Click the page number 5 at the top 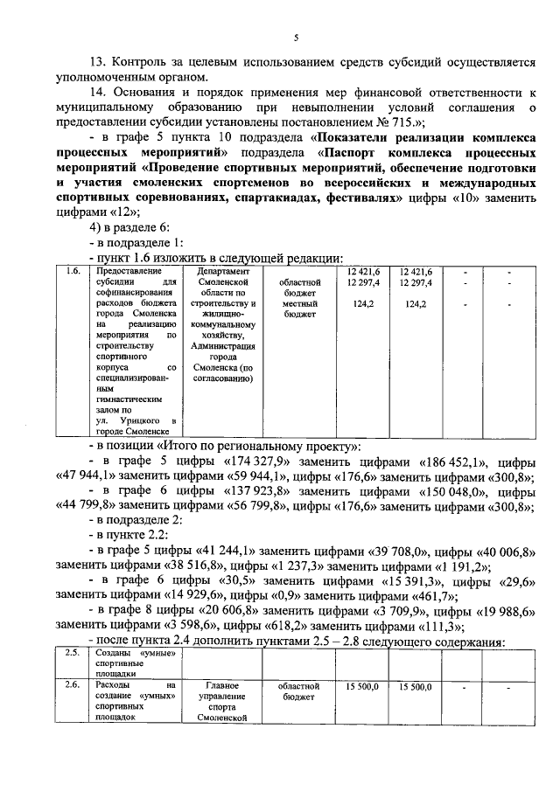click(x=296, y=38)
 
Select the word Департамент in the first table click(x=223, y=272)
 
